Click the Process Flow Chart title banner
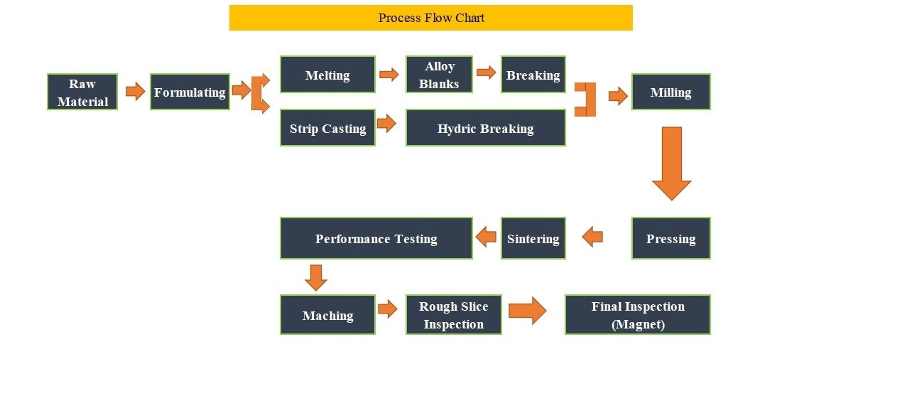[431, 18]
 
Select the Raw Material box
[82, 92]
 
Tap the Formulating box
[190, 92]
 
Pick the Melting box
[327, 75]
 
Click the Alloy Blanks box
[439, 75]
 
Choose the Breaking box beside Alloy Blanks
[533, 75]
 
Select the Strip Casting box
[327, 128]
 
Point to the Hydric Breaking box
[486, 128]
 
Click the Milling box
[671, 92]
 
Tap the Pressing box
[671, 238]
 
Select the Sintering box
[533, 238]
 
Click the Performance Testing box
[376, 238]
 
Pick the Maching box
[327, 315]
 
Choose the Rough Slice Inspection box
[453, 315]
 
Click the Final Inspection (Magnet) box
[638, 315]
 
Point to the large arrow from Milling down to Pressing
[672, 164]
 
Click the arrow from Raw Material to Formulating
[135, 92]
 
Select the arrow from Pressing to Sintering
[592, 237]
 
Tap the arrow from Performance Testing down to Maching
[315, 278]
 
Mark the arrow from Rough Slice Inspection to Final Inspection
[528, 310]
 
